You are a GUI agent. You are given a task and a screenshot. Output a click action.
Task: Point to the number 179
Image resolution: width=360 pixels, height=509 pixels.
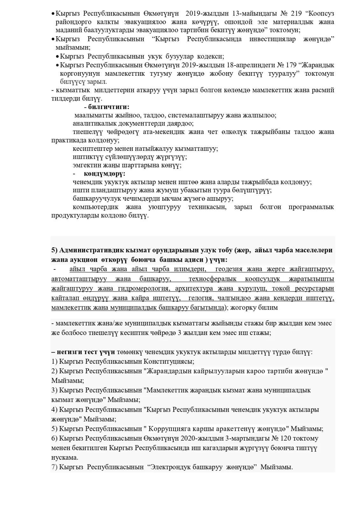(292, 65)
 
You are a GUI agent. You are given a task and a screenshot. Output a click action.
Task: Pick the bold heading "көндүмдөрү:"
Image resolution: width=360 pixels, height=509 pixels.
(104, 174)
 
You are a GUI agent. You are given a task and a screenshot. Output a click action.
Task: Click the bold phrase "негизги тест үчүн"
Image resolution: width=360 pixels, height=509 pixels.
(84, 352)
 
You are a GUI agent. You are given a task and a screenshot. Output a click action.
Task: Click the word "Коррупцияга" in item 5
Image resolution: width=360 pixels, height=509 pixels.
(170, 429)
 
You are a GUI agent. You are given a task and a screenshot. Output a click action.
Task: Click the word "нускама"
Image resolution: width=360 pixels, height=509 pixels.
(65, 457)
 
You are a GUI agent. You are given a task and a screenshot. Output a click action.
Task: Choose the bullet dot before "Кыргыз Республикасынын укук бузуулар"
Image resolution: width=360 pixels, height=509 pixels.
(57, 57)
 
